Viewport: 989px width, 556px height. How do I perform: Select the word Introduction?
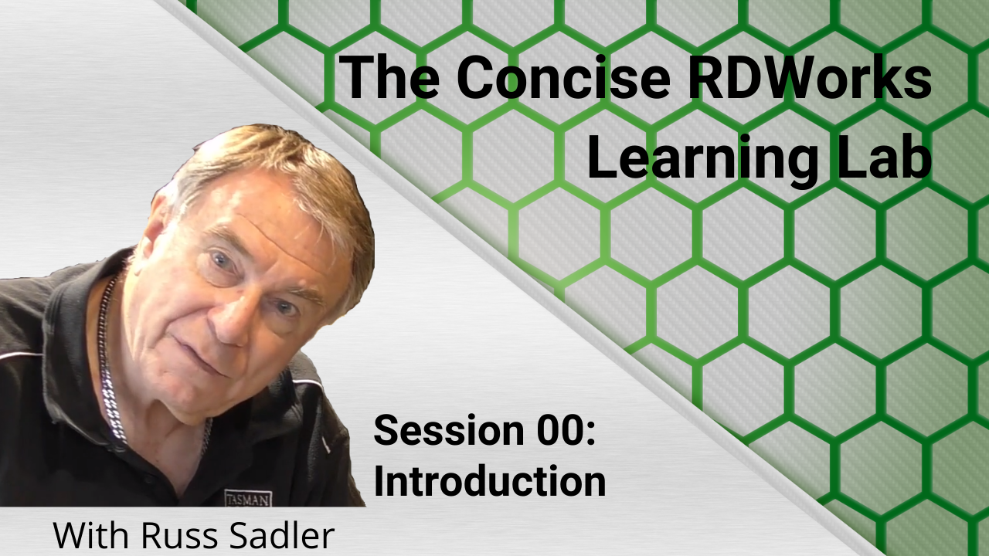pos(490,479)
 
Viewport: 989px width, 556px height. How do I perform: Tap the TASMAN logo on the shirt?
pos(248,499)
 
